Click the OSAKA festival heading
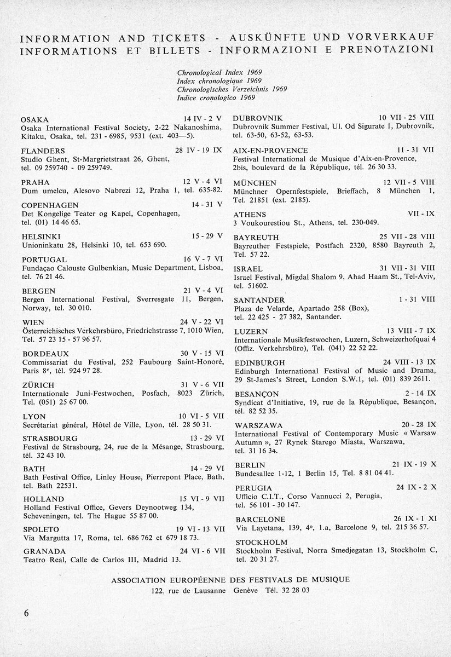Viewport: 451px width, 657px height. [x=34, y=119]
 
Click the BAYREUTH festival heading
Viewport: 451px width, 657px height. [x=256, y=237]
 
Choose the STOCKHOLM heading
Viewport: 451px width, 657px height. [x=261, y=542]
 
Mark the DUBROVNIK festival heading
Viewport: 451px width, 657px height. [x=258, y=118]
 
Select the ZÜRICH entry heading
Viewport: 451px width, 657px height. [x=38, y=385]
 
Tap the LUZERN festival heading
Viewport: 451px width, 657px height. [x=250, y=332]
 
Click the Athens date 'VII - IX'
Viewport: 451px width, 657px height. [x=421, y=214]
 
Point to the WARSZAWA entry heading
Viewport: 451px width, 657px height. [x=258, y=425]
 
